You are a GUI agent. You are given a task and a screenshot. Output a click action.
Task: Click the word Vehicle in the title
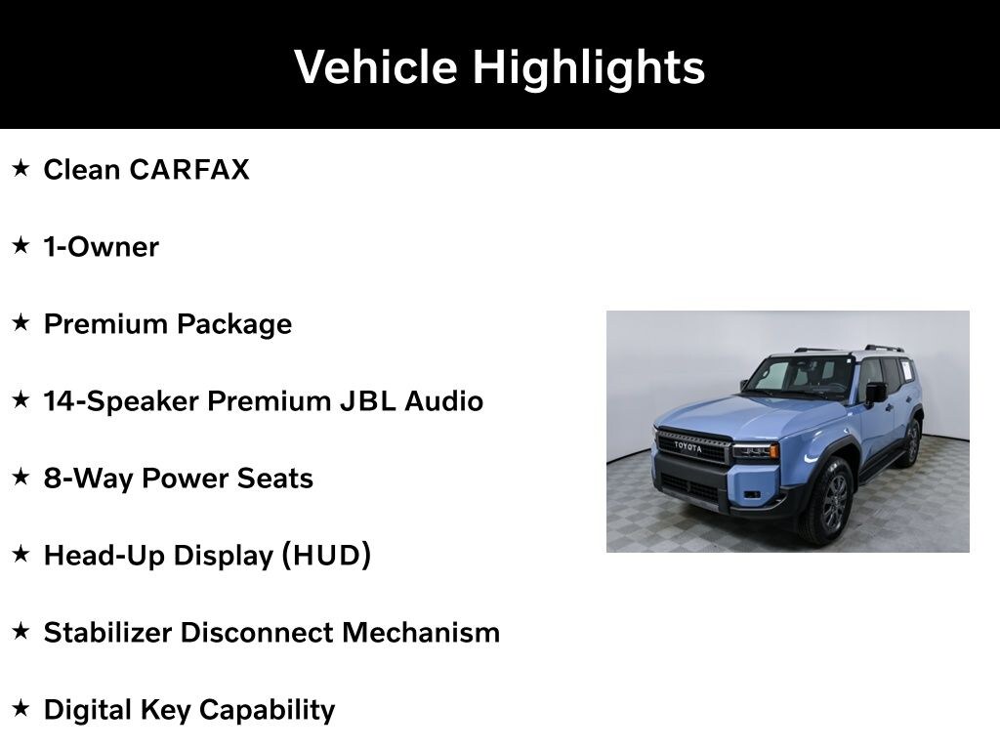376,67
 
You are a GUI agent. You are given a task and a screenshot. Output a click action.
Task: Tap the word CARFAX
189,170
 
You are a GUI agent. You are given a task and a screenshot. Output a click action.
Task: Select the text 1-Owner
101,247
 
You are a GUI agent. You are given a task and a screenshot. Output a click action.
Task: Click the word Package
234,324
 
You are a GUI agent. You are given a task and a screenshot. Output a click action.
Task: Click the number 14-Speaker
121,401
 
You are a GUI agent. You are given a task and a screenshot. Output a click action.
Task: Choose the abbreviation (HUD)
326,556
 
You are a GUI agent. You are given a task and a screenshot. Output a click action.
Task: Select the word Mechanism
421,633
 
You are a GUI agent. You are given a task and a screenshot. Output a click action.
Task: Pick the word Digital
88,711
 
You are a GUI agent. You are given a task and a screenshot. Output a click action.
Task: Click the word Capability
268,711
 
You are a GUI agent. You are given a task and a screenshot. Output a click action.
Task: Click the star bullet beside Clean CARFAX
21,168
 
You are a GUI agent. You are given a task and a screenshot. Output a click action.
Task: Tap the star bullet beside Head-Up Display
21,554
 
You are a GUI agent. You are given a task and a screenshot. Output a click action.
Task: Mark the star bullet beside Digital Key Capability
21,708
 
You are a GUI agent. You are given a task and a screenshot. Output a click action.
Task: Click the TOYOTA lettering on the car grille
688,446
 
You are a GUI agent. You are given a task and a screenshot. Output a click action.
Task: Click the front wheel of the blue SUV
829,501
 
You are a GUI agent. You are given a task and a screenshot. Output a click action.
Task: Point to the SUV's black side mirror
876,393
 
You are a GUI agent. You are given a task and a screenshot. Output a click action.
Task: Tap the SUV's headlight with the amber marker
755,451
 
